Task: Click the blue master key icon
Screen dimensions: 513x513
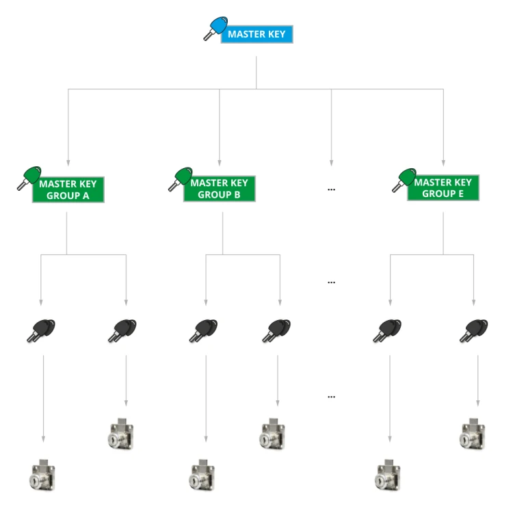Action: (215, 29)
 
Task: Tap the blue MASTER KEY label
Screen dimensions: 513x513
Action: (256, 34)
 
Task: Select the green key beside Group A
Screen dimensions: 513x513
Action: (29, 178)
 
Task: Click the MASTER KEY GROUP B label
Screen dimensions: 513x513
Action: (219, 189)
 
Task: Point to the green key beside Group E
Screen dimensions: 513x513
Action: (404, 181)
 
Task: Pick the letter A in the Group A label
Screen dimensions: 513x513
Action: (85, 196)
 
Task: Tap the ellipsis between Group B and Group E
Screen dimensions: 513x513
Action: (331, 189)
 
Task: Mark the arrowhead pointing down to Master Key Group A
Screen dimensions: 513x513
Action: (68, 163)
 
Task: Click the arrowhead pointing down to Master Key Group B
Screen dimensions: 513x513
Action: (220, 163)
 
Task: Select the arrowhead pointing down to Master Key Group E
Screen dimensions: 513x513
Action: (443, 163)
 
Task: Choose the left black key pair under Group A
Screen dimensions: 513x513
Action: (41, 331)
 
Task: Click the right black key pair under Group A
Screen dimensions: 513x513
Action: (122, 331)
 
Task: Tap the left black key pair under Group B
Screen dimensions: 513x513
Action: (203, 331)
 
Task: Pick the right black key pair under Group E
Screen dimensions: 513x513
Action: (473, 331)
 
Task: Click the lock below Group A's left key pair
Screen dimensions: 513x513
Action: (43, 475)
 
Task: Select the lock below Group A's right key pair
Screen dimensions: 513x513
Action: (120, 434)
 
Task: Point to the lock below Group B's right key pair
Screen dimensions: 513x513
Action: (273, 434)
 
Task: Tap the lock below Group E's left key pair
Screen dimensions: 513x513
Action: (388, 475)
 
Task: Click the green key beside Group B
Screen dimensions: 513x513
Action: (181, 179)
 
